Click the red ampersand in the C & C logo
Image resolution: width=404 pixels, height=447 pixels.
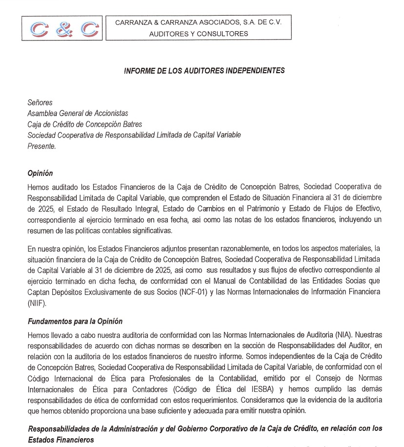pyautogui.click(x=62, y=30)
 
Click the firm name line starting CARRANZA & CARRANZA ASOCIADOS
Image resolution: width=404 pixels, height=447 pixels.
pyautogui.click(x=198, y=22)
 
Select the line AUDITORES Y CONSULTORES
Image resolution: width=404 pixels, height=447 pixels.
pyautogui.click(x=198, y=34)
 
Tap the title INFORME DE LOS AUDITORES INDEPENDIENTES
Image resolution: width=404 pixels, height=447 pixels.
pyautogui.click(x=204, y=70)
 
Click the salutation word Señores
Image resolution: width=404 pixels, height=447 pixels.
pyautogui.click(x=40, y=102)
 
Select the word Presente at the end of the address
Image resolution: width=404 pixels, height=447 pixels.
pyautogui.click(x=41, y=145)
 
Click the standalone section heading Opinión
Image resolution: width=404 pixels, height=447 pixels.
pyautogui.click(x=40, y=174)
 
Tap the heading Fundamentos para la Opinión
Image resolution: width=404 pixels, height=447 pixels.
pyautogui.click(x=75, y=321)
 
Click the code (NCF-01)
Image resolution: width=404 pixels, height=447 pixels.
pyautogui.click(x=192, y=291)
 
